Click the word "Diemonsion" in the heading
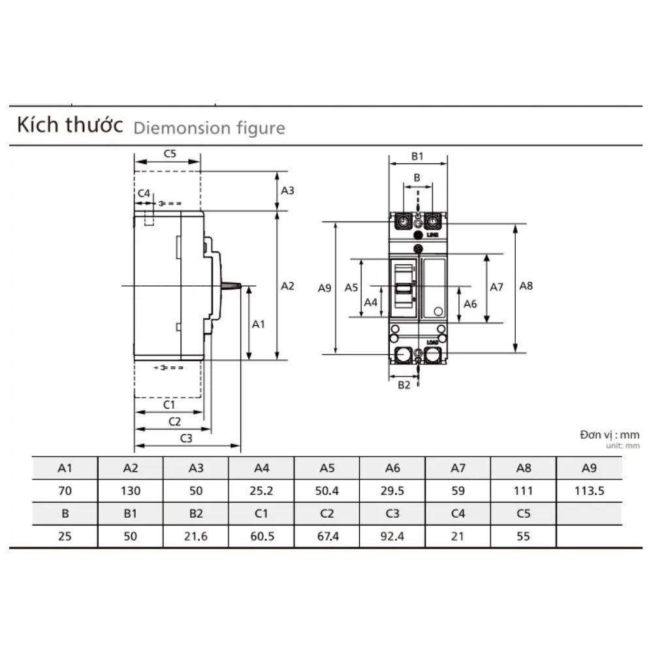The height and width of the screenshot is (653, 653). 172,128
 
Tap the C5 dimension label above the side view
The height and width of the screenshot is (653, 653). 170,154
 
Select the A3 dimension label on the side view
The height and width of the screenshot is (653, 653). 287,191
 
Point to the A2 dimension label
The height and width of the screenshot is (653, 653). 287,285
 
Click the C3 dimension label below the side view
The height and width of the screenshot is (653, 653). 185,438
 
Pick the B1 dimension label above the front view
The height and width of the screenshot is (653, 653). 418,156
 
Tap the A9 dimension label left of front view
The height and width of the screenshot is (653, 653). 325,287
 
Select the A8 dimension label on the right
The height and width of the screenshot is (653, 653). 526,285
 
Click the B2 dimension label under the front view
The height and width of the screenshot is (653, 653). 404,385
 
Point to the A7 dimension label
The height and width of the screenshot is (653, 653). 496,287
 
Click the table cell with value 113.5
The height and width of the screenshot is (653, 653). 589,491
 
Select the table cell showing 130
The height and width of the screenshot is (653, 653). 131,491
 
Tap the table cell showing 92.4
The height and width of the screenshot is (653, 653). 392,537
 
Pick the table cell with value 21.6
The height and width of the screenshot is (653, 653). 196,537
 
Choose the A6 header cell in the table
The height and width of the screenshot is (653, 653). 392,468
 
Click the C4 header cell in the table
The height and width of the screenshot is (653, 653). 458,514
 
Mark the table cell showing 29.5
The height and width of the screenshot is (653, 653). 392,491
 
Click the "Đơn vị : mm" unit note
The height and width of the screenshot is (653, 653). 609,434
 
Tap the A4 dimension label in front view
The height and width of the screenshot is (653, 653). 371,302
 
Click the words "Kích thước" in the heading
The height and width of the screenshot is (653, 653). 70,125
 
